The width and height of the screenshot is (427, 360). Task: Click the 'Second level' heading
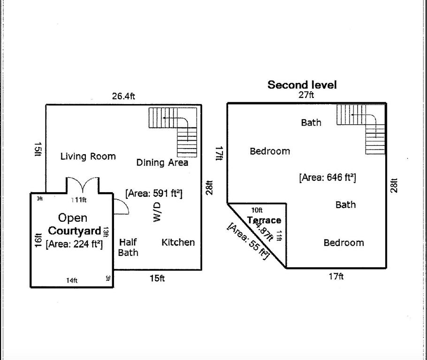(x=302, y=85)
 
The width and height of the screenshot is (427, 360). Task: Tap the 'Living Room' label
(x=88, y=156)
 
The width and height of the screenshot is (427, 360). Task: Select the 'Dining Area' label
(x=162, y=162)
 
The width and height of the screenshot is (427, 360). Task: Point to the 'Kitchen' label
(x=178, y=242)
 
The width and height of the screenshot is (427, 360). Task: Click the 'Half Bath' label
(x=128, y=247)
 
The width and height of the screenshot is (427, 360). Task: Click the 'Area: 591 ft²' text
(x=153, y=193)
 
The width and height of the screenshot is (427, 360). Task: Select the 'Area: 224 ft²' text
(x=74, y=243)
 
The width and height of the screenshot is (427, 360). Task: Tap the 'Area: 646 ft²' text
(x=327, y=178)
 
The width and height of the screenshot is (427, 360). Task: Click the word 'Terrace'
(x=264, y=220)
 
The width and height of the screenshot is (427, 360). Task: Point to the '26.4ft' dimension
(x=123, y=96)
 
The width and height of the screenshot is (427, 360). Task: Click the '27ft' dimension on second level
(x=306, y=95)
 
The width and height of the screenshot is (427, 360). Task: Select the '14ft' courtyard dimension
(x=71, y=280)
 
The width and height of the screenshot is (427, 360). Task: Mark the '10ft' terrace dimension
(x=257, y=210)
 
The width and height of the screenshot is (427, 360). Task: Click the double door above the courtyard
(x=83, y=185)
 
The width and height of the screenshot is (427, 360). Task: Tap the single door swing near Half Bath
(x=121, y=207)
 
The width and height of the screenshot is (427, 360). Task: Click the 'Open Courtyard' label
(x=74, y=224)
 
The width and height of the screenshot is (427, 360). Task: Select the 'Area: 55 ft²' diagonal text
(x=248, y=241)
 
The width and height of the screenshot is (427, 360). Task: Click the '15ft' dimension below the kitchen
(x=157, y=278)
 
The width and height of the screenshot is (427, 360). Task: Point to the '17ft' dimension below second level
(x=336, y=277)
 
